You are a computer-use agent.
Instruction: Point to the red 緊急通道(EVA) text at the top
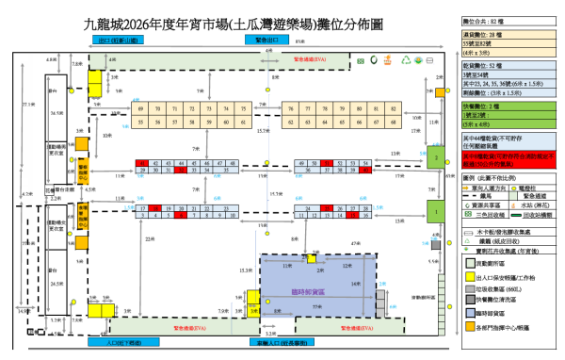click(310, 58)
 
